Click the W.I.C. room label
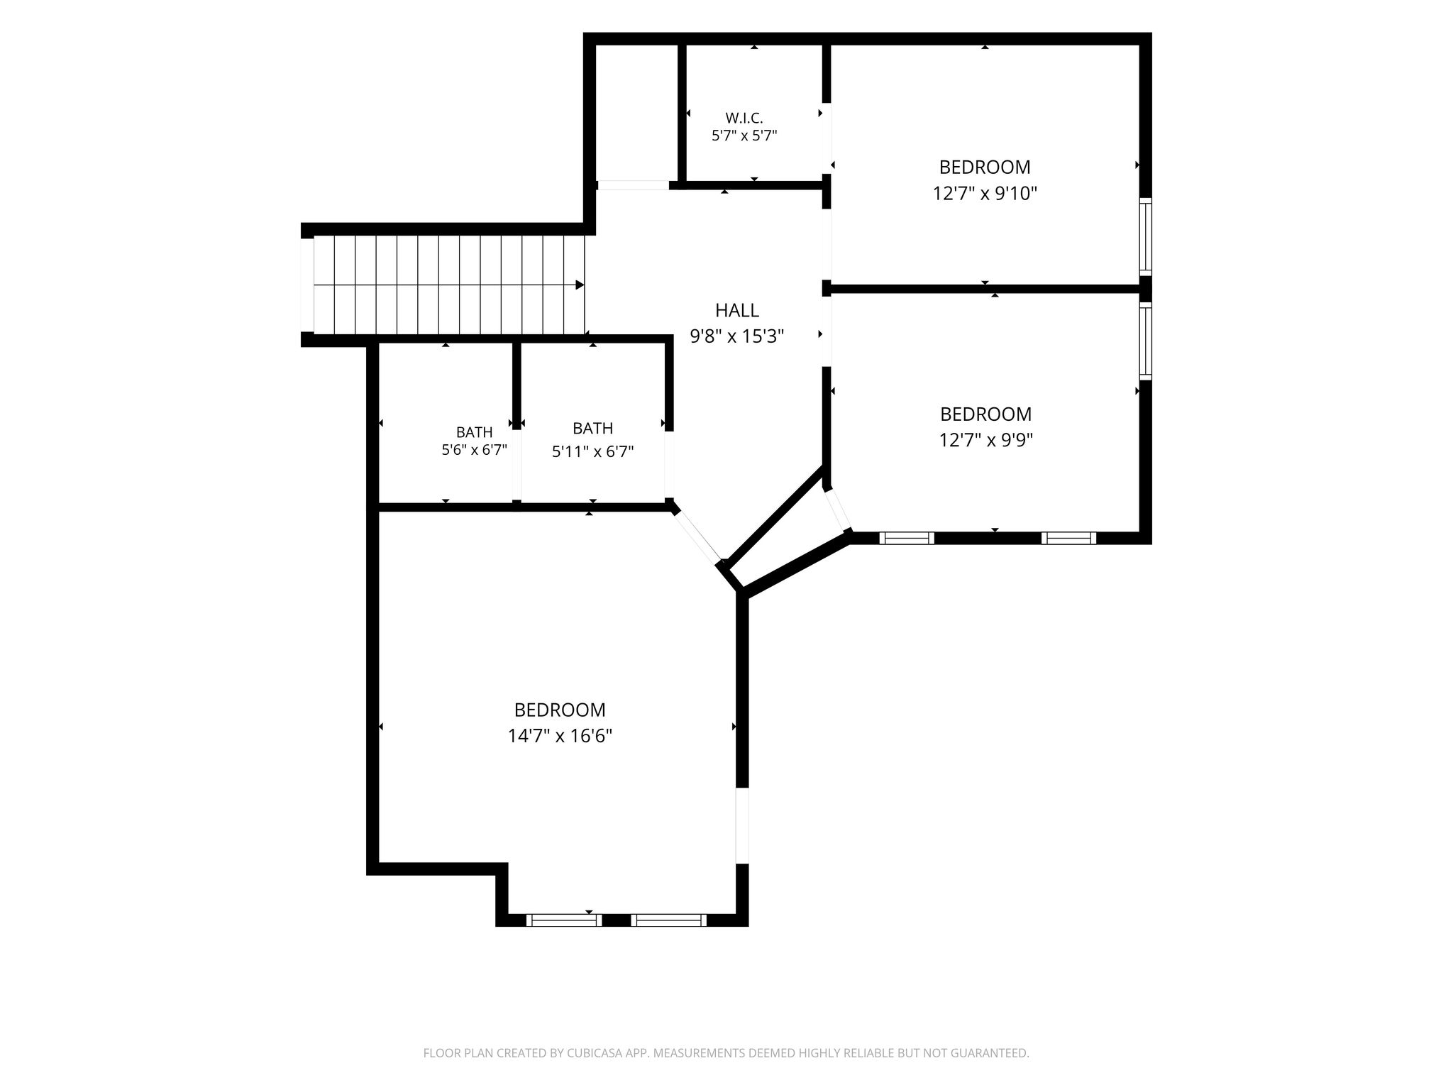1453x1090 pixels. coord(744,118)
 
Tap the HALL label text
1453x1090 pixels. coord(737,310)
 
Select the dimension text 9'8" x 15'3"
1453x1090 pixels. coord(737,336)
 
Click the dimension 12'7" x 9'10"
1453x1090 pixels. coord(985,193)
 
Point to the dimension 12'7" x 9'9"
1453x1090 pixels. coord(985,440)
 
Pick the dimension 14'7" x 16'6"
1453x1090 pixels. coord(560,736)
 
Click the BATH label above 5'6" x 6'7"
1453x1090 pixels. coord(474,432)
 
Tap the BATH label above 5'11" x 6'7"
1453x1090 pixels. coord(592,429)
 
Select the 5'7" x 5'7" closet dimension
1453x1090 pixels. coord(744,136)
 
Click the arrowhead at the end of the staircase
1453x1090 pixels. coord(580,285)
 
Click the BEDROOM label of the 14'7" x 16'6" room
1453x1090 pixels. coord(560,710)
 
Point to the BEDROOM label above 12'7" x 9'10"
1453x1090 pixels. coord(985,167)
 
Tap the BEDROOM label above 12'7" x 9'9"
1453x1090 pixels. coord(985,414)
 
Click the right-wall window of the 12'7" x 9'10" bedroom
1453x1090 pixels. coord(1145,236)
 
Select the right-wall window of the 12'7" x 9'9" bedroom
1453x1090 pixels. coord(1145,341)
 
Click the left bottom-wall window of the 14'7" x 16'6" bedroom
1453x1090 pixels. coord(564,920)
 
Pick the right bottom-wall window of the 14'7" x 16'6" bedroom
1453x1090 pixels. coord(669,920)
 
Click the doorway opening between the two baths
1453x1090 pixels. coord(516,465)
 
